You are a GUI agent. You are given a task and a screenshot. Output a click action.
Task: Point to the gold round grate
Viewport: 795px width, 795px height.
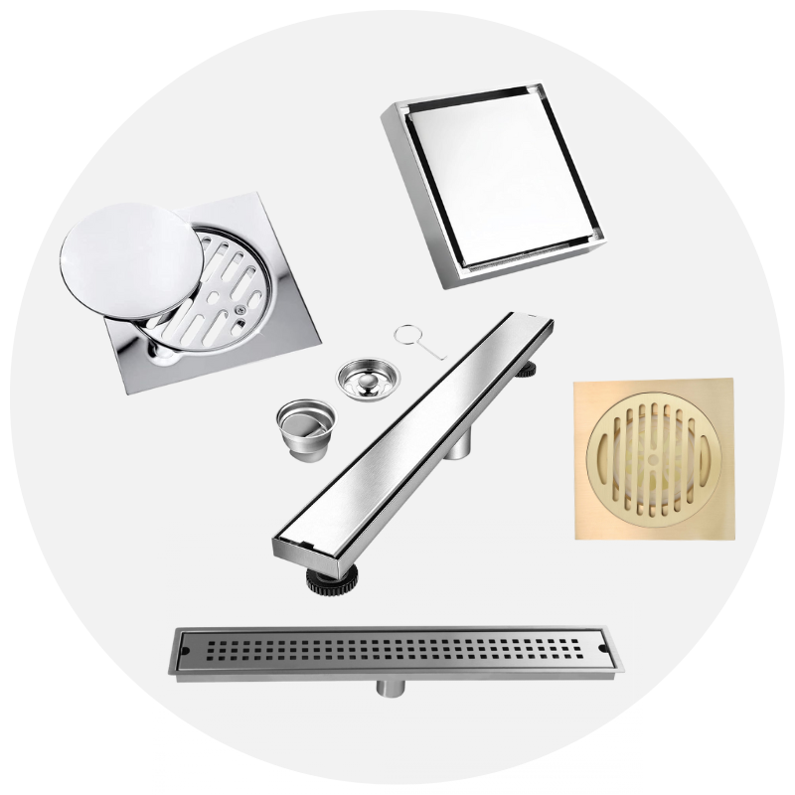coord(653,458)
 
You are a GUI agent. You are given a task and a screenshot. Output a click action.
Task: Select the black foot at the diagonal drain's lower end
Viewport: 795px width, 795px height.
coord(326,580)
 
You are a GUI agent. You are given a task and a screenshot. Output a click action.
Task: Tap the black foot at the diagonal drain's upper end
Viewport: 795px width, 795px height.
coord(527,369)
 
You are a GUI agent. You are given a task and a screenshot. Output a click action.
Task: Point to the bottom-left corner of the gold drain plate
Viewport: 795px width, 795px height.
coord(577,536)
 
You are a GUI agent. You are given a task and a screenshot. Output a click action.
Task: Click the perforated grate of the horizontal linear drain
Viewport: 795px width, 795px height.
coord(393,651)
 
